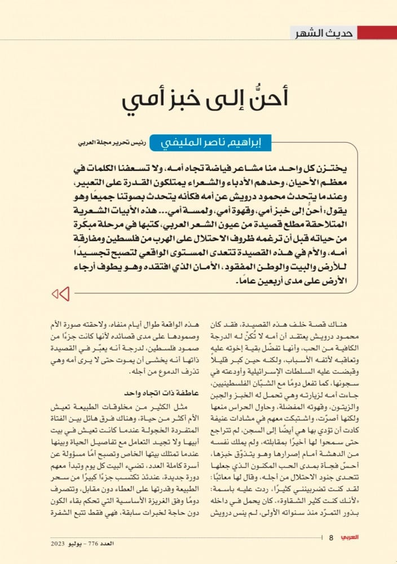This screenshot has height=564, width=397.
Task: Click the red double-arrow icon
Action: coord(60,294)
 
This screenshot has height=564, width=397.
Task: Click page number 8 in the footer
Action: coord(332,537)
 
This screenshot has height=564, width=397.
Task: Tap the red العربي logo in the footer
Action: coord(356,537)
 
